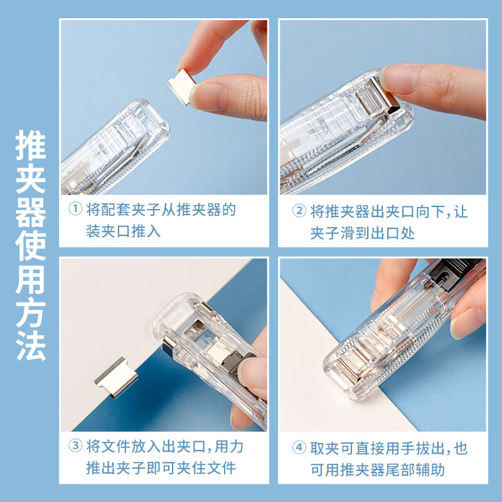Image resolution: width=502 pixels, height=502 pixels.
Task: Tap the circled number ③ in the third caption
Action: (75, 447)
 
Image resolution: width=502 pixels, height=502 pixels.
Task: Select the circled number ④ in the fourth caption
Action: (299, 448)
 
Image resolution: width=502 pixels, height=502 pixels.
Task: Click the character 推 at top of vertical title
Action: (31, 146)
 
